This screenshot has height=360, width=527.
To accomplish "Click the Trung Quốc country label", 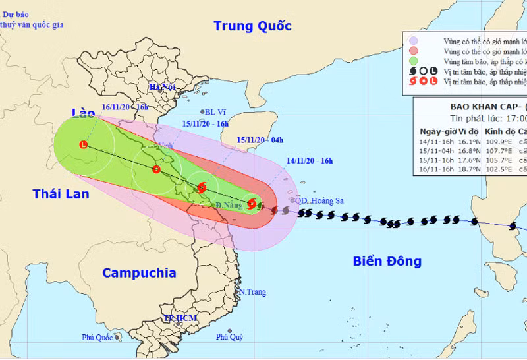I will (x=252, y=26).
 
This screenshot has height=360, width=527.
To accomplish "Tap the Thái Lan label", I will (x=61, y=194).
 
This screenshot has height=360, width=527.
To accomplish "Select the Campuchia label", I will (x=139, y=272).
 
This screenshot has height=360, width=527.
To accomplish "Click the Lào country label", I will (x=84, y=113).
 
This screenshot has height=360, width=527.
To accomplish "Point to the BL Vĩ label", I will (x=215, y=113).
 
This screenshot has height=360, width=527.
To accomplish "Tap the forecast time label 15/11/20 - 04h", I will (x=260, y=140).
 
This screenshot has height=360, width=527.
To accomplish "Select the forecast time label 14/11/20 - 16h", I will (x=310, y=160).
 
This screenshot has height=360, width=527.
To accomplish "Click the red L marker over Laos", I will (x=83, y=144).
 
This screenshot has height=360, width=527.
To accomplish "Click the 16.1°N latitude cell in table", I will (x=464, y=140).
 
